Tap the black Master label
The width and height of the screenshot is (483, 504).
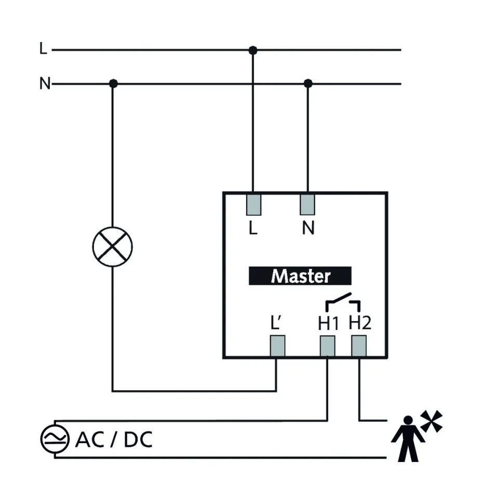click(x=300, y=275)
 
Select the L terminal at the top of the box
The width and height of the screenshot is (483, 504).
click(x=253, y=205)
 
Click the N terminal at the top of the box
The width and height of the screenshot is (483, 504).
click(x=307, y=205)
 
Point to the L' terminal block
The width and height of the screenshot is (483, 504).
click(x=277, y=346)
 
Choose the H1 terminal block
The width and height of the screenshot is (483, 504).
click(x=327, y=346)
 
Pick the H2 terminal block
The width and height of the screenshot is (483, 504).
click(x=359, y=346)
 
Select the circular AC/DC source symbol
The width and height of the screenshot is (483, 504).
click(x=55, y=440)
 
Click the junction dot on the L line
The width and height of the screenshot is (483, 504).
click(x=253, y=50)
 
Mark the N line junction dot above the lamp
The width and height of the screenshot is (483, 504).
click(x=113, y=83)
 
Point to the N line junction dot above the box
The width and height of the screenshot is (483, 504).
click(x=308, y=83)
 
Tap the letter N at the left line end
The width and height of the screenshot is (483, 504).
click(x=45, y=84)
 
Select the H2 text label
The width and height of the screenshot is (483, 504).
click(x=360, y=323)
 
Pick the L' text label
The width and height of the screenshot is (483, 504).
click(x=276, y=323)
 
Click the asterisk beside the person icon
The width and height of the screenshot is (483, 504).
click(x=432, y=420)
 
